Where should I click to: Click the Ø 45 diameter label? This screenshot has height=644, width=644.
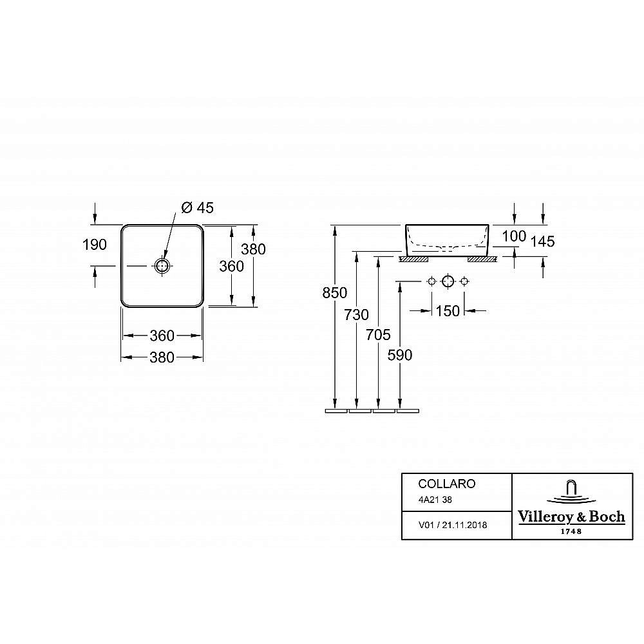(197, 207)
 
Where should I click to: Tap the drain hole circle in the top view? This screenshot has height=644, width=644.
(162, 265)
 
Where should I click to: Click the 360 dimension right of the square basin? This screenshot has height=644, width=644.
(232, 266)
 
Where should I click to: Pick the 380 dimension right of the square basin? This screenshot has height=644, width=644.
(253, 249)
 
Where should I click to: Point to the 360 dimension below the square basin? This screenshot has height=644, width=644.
(162, 336)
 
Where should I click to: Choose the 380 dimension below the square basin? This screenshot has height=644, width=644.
(162, 357)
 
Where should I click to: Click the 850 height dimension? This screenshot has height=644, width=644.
(335, 293)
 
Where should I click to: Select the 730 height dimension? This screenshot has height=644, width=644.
(357, 314)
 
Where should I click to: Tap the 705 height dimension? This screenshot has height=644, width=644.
(379, 334)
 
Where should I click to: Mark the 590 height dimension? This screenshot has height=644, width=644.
(401, 355)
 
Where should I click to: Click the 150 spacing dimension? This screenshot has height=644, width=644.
(448, 311)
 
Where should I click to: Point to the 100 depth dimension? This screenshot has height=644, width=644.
(514, 236)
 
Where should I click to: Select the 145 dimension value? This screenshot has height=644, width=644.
(542, 241)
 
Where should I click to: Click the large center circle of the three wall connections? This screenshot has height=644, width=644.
(448, 281)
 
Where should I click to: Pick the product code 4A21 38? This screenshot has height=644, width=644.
(436, 499)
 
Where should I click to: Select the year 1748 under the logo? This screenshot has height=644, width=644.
(571, 531)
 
